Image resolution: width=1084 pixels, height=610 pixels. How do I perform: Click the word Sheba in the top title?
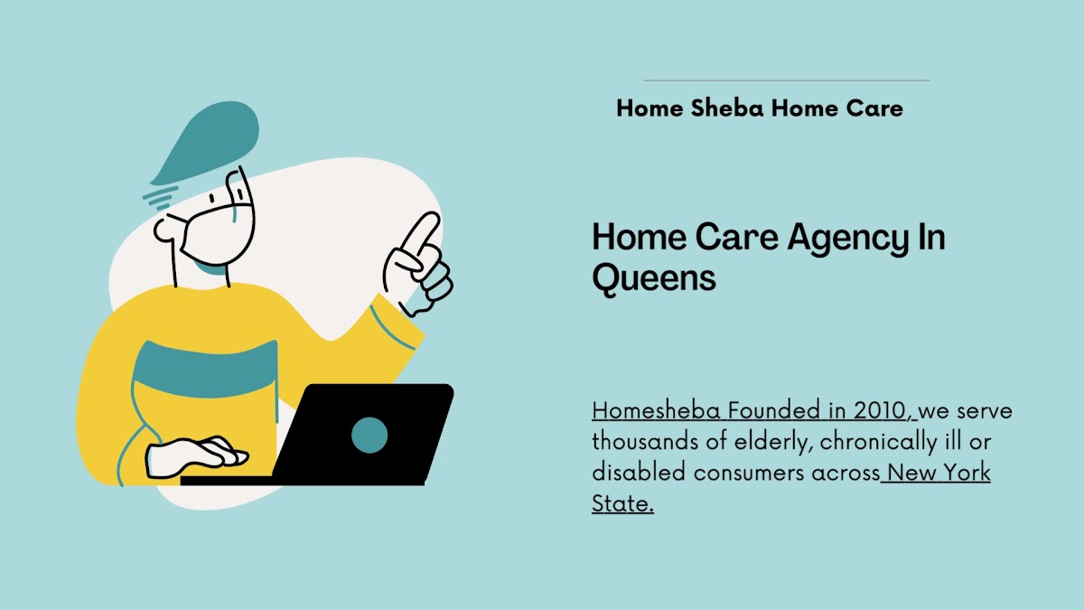tap(726, 108)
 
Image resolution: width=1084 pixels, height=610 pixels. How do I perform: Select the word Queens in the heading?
tap(654, 278)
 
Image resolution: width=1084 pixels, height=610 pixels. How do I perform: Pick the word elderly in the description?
tap(773, 442)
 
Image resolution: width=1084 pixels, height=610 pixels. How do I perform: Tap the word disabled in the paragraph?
tap(639, 473)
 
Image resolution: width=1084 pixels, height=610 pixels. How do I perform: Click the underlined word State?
tap(622, 503)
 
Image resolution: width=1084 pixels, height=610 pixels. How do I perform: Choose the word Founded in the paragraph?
tap(774, 410)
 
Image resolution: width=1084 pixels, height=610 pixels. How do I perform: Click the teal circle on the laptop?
tap(369, 435)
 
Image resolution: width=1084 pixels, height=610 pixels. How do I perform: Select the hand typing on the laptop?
tap(196, 456)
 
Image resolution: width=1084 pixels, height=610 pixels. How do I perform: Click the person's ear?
tap(165, 230)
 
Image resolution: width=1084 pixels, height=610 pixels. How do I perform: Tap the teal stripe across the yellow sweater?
tap(205, 369)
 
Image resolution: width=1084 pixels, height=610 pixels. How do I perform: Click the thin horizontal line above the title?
tap(787, 80)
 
